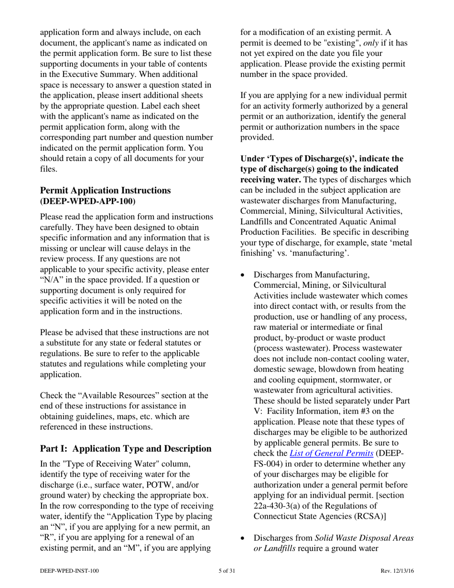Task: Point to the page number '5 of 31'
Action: tap(227, 570)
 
